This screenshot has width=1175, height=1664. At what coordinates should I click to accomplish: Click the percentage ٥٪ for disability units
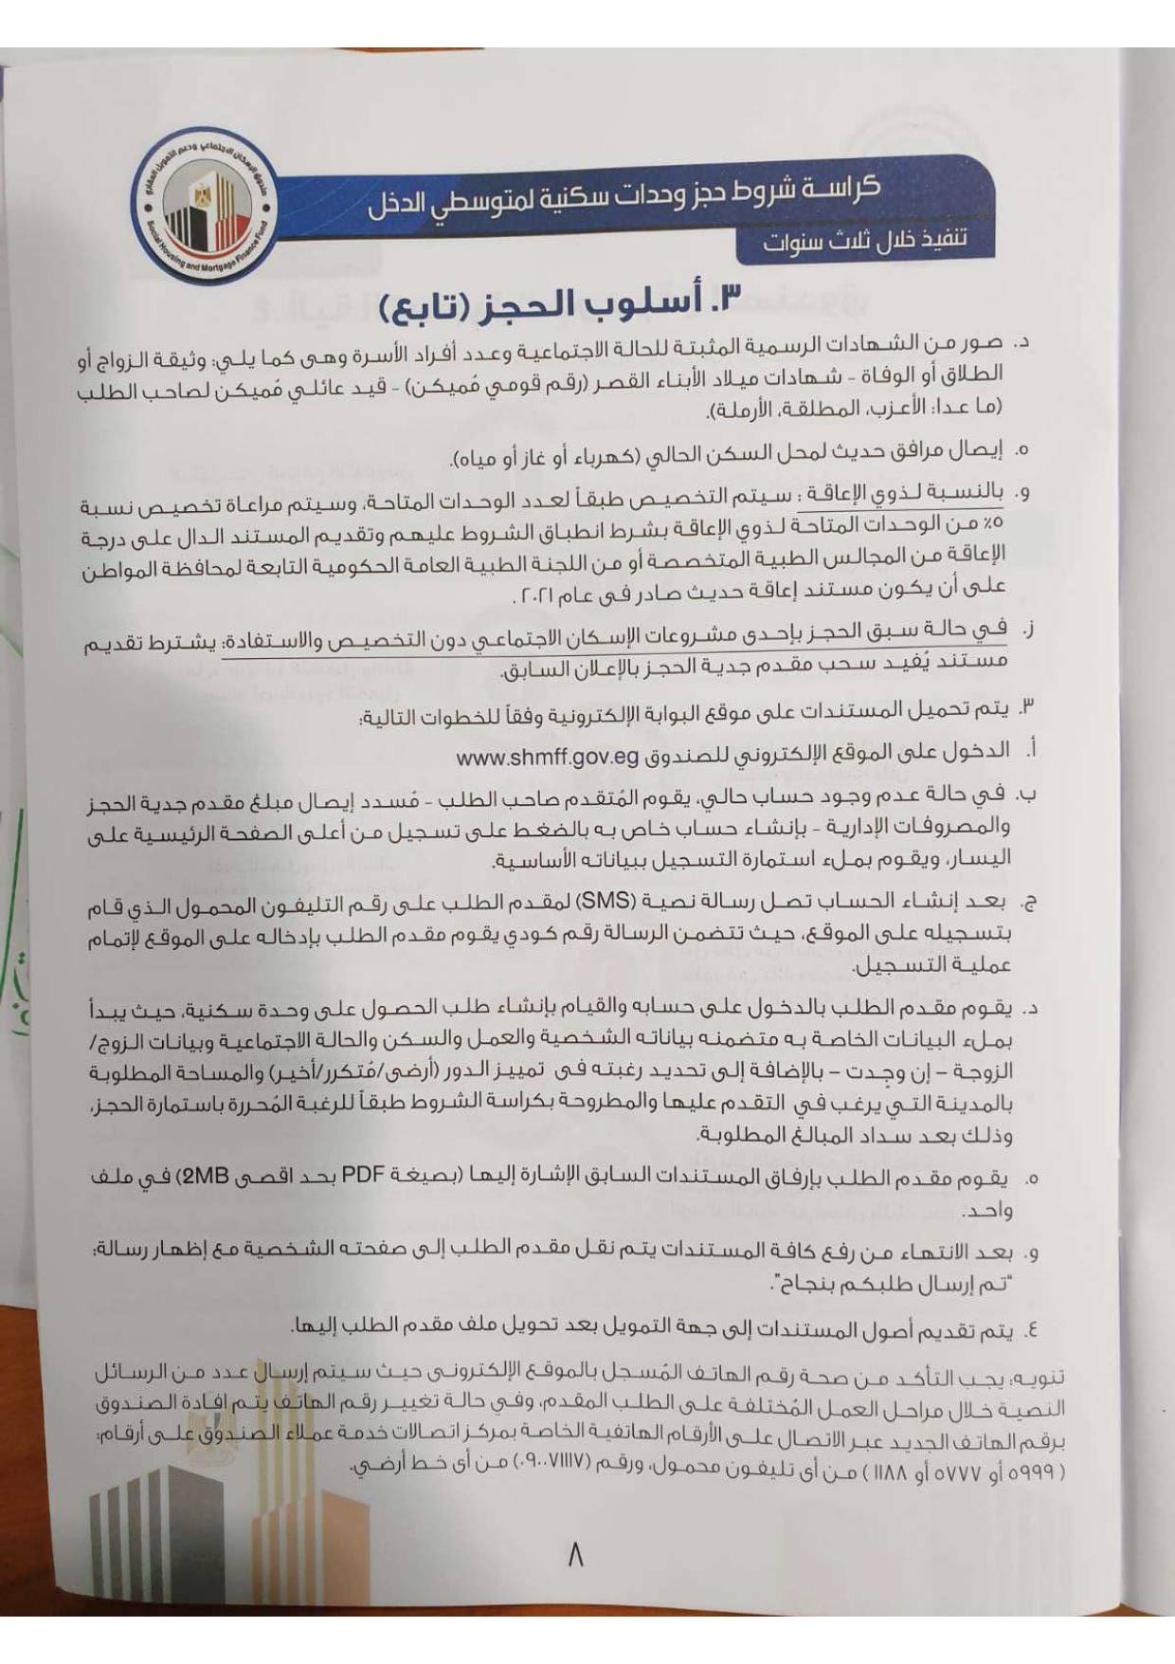996,523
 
